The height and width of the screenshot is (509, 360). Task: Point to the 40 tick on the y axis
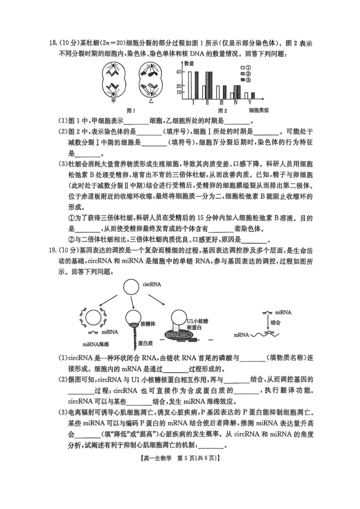[x=178, y=72]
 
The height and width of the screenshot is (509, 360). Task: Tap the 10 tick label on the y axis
[x=178, y=92]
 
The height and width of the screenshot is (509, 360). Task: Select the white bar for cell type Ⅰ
[x=190, y=85]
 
